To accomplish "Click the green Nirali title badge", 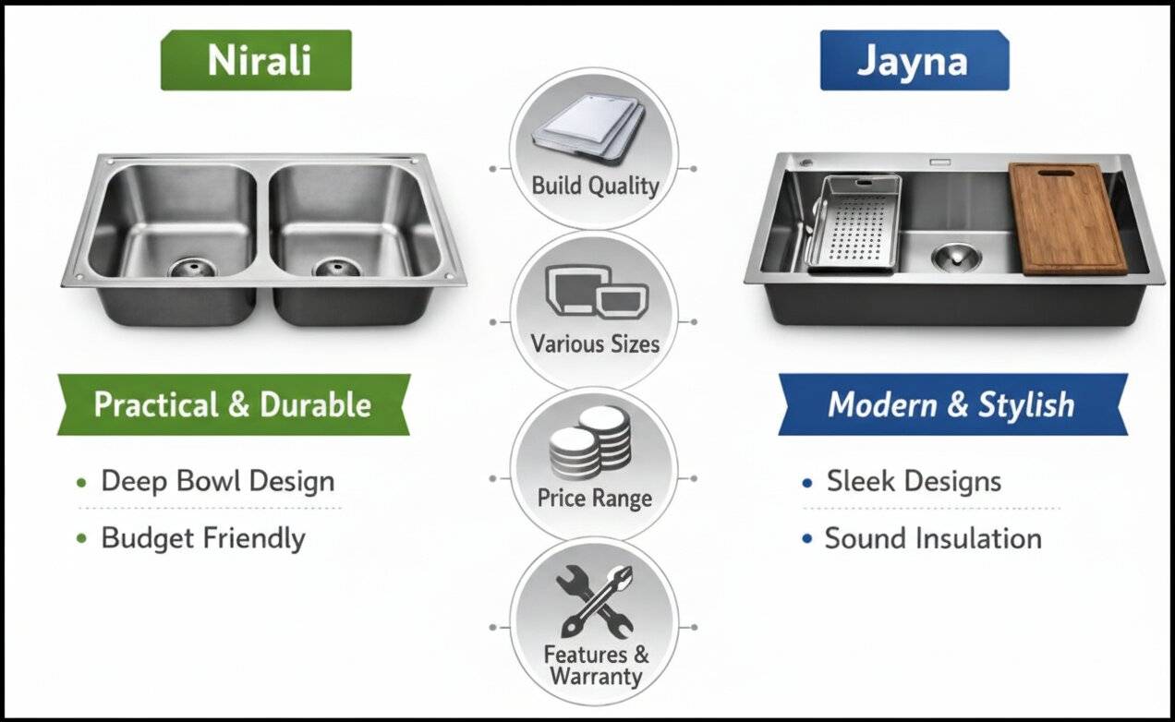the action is tap(256, 60).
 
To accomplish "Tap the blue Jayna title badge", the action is tap(915, 60).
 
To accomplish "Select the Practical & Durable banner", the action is tap(234, 404).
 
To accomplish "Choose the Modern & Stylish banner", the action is tap(952, 404).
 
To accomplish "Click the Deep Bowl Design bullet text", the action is tap(218, 481).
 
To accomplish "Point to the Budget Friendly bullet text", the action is tap(203, 538).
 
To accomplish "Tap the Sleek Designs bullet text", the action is tap(914, 481).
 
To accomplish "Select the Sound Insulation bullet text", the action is tap(933, 538).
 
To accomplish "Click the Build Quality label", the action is tap(595, 187).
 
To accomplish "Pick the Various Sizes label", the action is tap(595, 344).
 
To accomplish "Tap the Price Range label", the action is tap(594, 499).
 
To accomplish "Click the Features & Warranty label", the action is tap(596, 666).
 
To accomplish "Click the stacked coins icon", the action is tap(590, 443).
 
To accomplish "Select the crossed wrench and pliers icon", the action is tap(595, 601).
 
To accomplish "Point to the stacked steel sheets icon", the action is tap(588, 126).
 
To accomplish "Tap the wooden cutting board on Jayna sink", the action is tap(1068, 219).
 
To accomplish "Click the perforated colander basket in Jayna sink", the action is tap(854, 223).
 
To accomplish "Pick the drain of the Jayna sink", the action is tap(957, 257).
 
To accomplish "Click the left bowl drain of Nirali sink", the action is tap(192, 267).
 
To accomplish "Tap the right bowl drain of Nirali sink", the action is tap(336, 267).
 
